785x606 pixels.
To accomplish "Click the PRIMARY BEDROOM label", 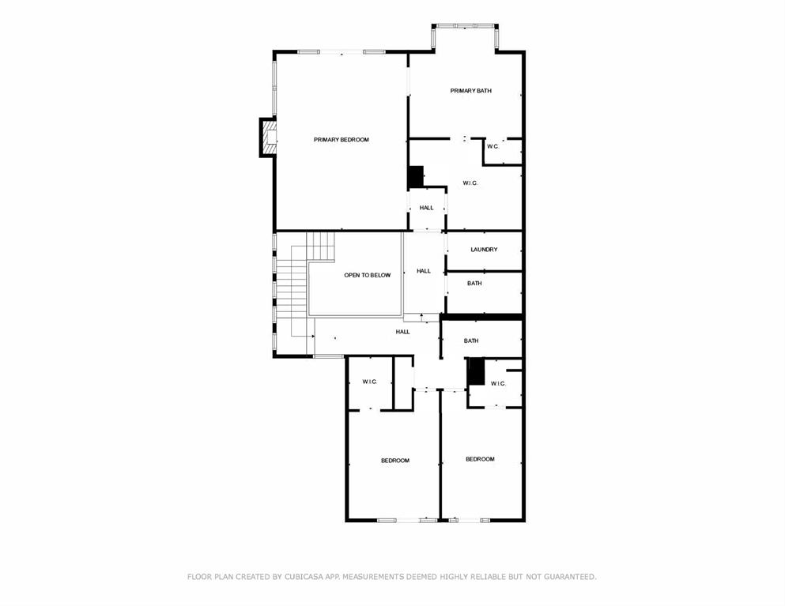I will (x=341, y=140).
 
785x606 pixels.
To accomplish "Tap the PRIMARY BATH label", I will (x=470, y=91).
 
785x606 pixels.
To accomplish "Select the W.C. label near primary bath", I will (x=493, y=146).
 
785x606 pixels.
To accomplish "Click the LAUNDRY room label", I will (x=484, y=250).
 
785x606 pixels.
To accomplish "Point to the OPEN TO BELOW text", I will (x=367, y=276).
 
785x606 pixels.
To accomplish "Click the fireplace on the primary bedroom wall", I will (x=270, y=137).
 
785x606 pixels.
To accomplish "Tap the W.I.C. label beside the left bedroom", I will (x=369, y=382).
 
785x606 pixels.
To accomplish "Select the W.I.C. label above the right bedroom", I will (x=497, y=383).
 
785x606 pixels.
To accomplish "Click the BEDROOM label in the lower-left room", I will (x=394, y=461).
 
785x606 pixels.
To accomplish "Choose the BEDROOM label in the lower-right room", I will (x=479, y=459).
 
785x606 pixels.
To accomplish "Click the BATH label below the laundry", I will (x=474, y=283).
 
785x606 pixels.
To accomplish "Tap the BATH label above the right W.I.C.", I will (x=471, y=341).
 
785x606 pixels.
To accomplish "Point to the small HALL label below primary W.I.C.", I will (x=426, y=208).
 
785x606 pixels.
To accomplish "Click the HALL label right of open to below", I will (x=424, y=271).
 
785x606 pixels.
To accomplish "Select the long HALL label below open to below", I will (x=402, y=332).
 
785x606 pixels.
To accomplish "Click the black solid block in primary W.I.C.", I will (x=416, y=176).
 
